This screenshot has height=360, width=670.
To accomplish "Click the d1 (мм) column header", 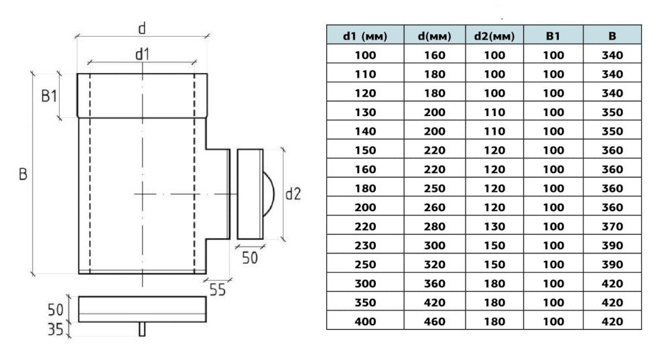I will pyautogui.click(x=365, y=36).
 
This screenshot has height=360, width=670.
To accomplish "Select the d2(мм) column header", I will pyautogui.click(x=494, y=36).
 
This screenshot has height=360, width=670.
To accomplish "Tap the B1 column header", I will pyautogui.click(x=553, y=36).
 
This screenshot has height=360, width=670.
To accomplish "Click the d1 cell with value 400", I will pyautogui.click(x=365, y=321).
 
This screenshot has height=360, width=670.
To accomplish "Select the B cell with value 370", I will pyautogui.click(x=612, y=226).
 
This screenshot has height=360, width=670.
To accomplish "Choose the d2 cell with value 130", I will pyautogui.click(x=494, y=226).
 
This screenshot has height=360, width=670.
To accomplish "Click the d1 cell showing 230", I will pyautogui.click(x=365, y=245).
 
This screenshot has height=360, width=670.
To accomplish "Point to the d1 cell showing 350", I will pyautogui.click(x=365, y=302).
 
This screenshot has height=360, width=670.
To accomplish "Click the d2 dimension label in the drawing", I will pyautogui.click(x=293, y=194).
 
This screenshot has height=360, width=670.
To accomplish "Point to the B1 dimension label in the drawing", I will pyautogui.click(x=49, y=97).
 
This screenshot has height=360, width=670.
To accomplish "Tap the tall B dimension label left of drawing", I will pyautogui.click(x=22, y=175).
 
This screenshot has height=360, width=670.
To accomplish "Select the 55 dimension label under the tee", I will pyautogui.click(x=217, y=290).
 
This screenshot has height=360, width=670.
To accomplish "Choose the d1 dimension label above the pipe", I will pyautogui.click(x=141, y=54).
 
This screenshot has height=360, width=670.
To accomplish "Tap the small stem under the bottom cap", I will pyautogui.click(x=142, y=330).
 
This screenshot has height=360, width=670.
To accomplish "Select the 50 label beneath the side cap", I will pyautogui.click(x=249, y=257).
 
